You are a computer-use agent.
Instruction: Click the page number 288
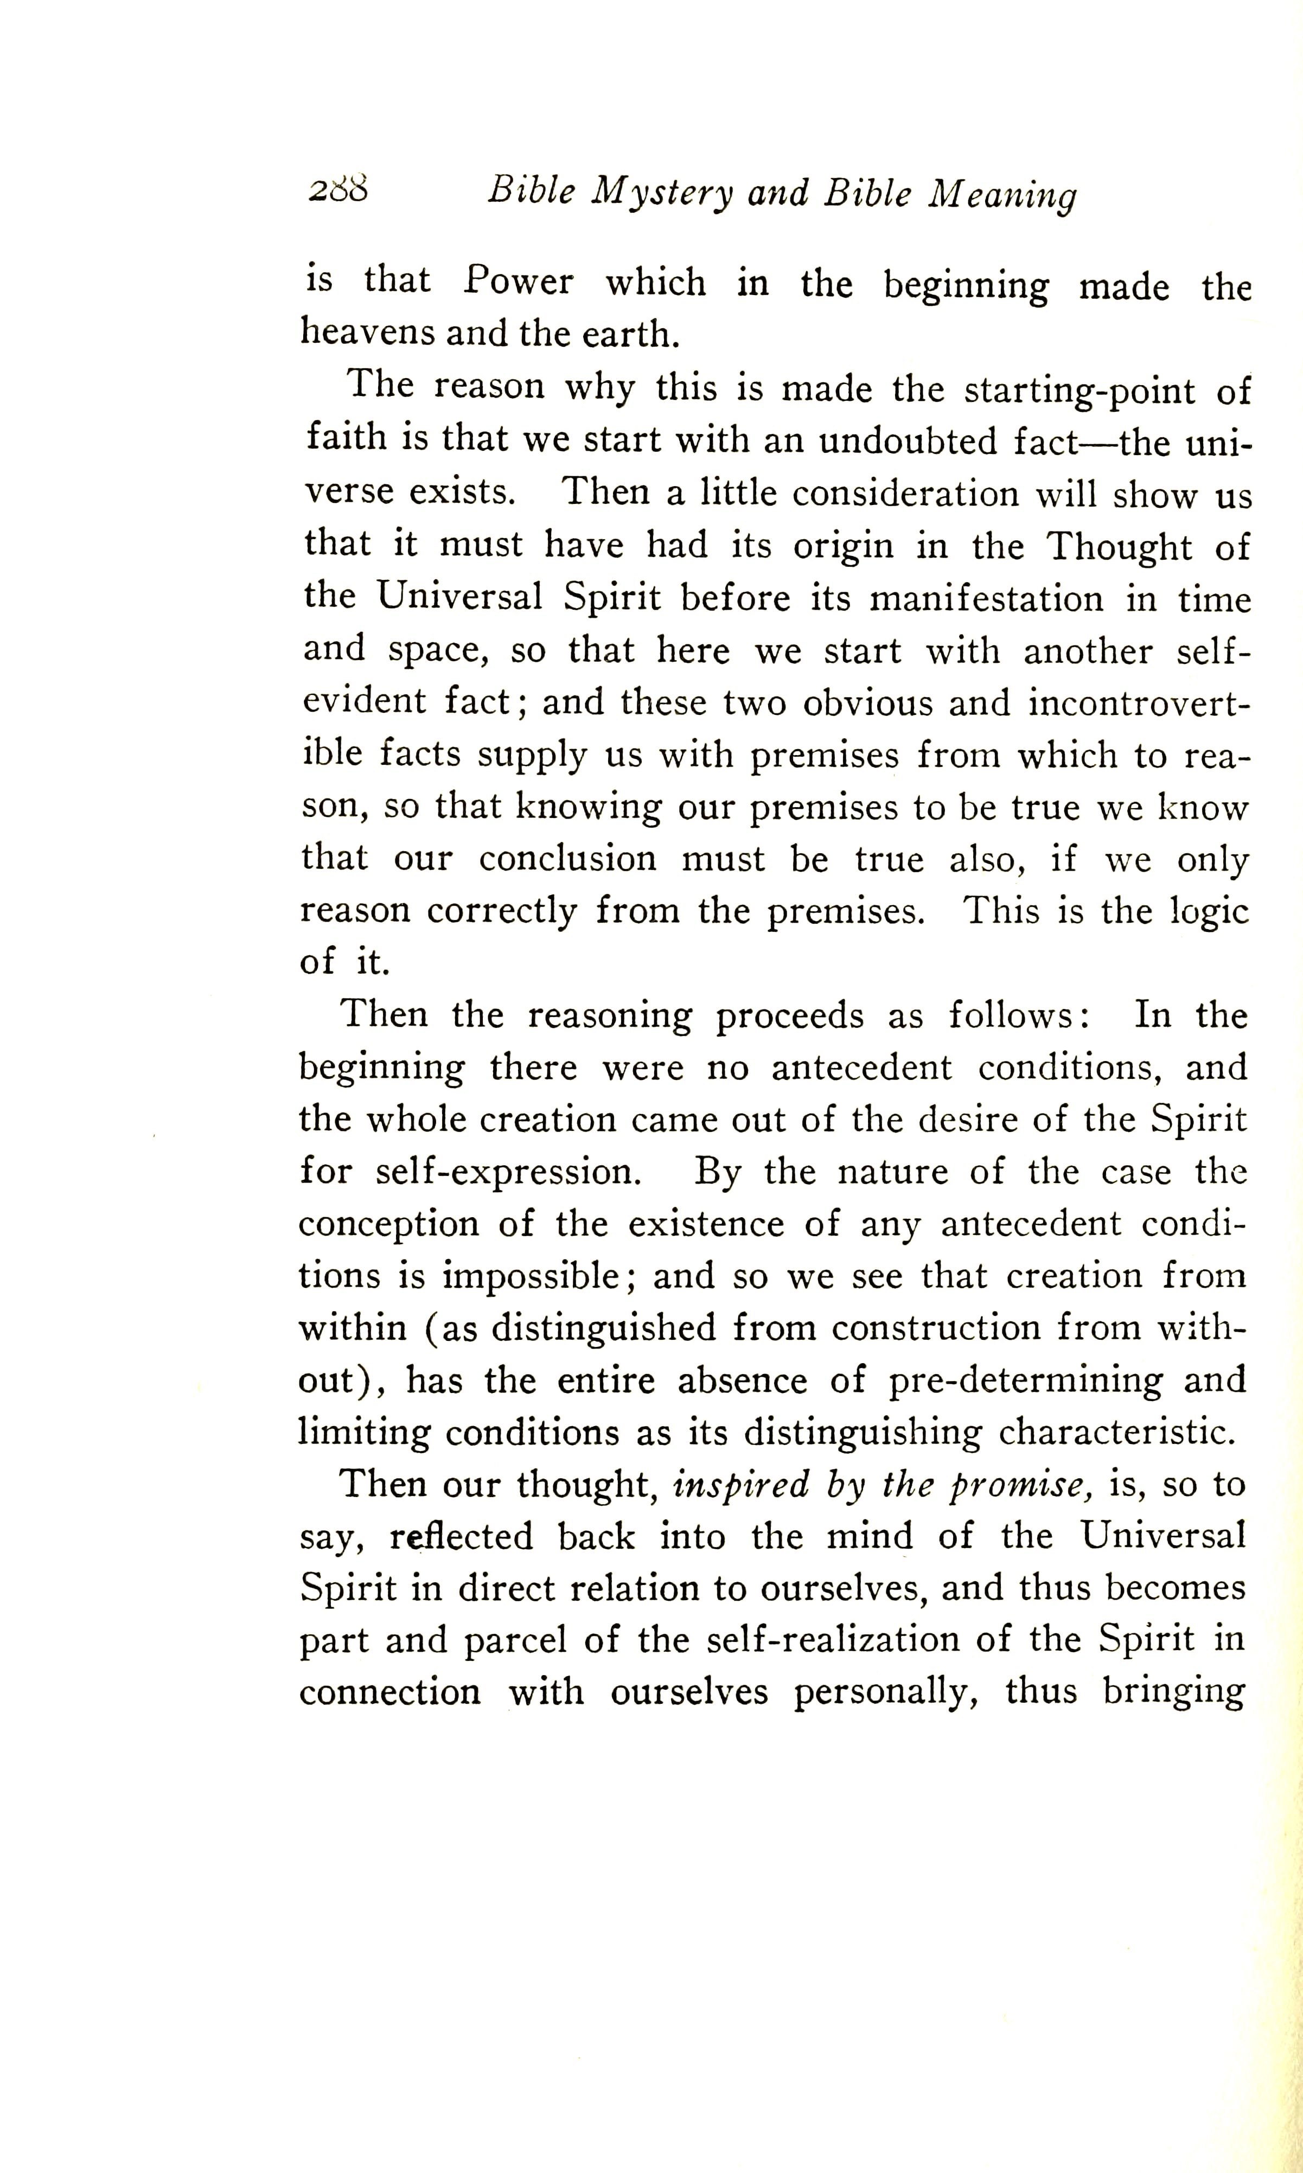(x=337, y=190)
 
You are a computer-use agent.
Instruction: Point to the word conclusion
(x=567, y=859)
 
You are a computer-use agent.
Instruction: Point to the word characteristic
(x=1117, y=1433)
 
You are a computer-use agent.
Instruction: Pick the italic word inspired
(x=739, y=1486)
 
